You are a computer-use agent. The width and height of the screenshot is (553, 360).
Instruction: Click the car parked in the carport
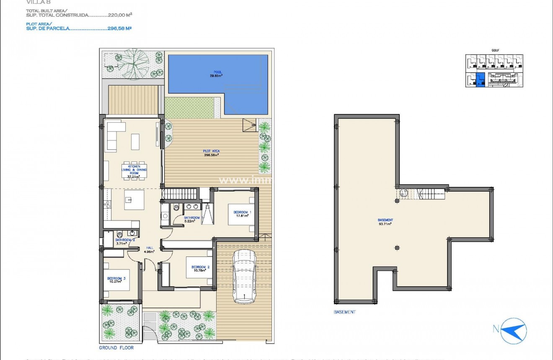coord(243,277)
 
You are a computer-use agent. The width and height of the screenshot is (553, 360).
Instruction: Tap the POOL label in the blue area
coord(216,74)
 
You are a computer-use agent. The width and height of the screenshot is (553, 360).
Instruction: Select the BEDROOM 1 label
coord(242,214)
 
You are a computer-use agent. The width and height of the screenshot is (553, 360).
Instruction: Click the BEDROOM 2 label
coord(200,268)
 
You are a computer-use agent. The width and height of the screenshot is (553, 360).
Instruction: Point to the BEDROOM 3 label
coord(116,280)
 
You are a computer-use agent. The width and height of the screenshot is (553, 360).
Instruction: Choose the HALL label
coord(149,249)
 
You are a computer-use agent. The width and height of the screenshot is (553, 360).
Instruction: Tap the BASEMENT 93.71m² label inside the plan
coord(385,222)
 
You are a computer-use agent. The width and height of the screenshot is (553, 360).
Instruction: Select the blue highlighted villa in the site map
coord(481,80)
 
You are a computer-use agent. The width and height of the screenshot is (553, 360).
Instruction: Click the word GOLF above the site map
coord(495,50)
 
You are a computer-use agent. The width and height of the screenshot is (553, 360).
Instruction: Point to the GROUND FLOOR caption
coord(116,348)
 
